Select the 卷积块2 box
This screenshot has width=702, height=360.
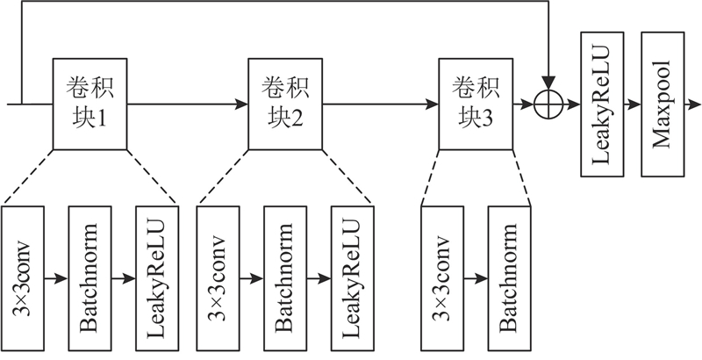coord(285,104)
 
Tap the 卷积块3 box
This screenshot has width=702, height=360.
coord(475,104)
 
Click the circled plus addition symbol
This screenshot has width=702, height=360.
coord(550,104)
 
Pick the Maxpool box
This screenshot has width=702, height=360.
coord(665,104)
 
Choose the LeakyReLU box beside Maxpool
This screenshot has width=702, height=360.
coord(602,104)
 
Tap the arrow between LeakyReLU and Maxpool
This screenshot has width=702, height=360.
coord(634,104)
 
